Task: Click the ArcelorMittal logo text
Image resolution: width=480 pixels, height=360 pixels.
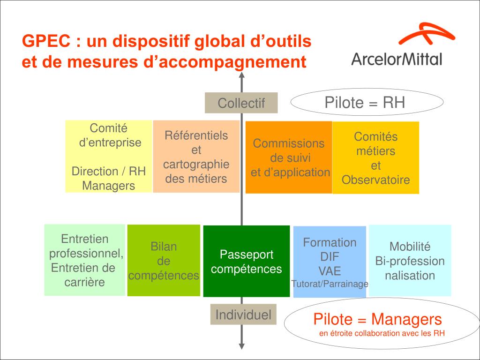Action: coord(396,59)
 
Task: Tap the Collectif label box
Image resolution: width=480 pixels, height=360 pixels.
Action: coord(241,103)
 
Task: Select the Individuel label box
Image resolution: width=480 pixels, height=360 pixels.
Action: coord(243,315)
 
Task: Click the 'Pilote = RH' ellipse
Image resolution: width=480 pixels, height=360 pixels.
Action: coord(367,103)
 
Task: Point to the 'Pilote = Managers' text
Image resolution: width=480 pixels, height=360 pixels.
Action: coord(377,319)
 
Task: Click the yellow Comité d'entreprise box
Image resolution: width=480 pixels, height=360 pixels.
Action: coord(108,156)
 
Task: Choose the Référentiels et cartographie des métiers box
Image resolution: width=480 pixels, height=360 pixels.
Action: coord(196,157)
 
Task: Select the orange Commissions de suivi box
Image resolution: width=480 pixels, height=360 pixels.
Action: coord(289,157)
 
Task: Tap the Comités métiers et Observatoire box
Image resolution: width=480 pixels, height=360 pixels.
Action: coord(375,157)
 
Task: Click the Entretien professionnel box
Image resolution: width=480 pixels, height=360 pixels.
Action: coord(84,260)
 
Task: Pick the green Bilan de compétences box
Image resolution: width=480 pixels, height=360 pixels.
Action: coord(164,261)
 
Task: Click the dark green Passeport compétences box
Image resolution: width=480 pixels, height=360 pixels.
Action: coord(246,261)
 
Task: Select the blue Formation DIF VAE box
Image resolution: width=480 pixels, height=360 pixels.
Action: coord(329,262)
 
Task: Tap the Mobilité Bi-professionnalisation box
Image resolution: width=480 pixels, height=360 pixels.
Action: coord(410,261)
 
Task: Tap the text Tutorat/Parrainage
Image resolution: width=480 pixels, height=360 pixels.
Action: coord(330,284)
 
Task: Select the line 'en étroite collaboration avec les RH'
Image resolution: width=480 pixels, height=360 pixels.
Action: coord(382,334)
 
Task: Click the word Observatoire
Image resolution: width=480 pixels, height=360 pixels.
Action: coord(375,180)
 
